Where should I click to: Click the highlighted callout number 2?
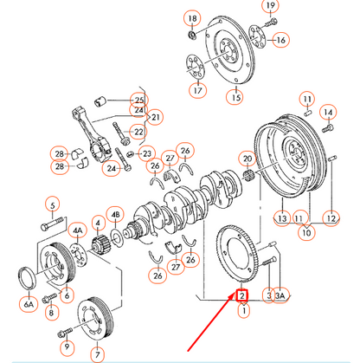click(x=243, y=295)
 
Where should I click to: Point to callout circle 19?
click(x=271, y=8)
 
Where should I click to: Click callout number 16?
click(x=280, y=40)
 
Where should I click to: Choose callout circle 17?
click(x=198, y=89)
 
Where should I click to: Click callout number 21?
click(x=156, y=117)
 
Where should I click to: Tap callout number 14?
click(x=327, y=113)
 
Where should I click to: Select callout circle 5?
click(x=54, y=205)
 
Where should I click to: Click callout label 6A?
click(x=29, y=304)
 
